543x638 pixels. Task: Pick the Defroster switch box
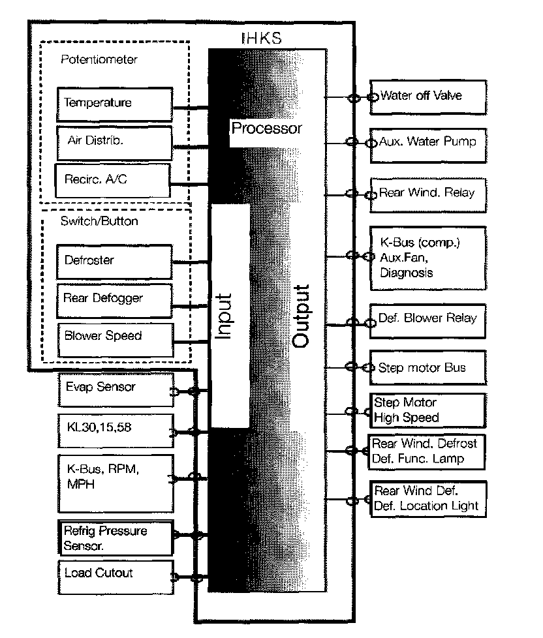pos(115,261)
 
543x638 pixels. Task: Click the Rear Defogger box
pos(115,299)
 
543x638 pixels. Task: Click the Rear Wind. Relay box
pos(428,194)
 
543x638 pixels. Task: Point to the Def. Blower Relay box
pos(428,320)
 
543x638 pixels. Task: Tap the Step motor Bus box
pos(428,368)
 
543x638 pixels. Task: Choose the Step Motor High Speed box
pos(428,410)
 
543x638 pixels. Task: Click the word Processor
pos(266,128)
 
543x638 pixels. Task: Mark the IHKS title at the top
pos(261,38)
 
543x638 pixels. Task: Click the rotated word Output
pos(301,316)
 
